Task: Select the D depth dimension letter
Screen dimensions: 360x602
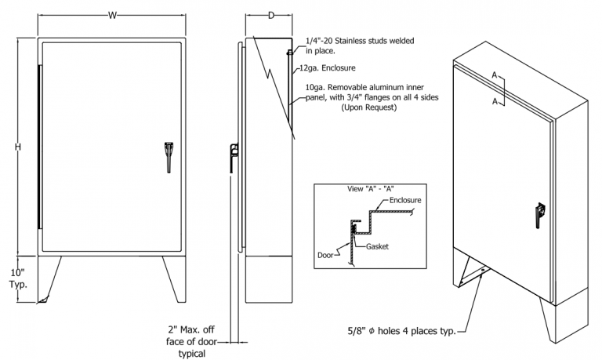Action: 270,15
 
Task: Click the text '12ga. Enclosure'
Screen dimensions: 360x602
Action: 332,68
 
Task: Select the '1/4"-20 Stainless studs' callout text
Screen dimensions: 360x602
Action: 360,40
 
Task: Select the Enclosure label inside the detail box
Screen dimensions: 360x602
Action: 405,202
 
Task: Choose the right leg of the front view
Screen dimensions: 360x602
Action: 175,278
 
